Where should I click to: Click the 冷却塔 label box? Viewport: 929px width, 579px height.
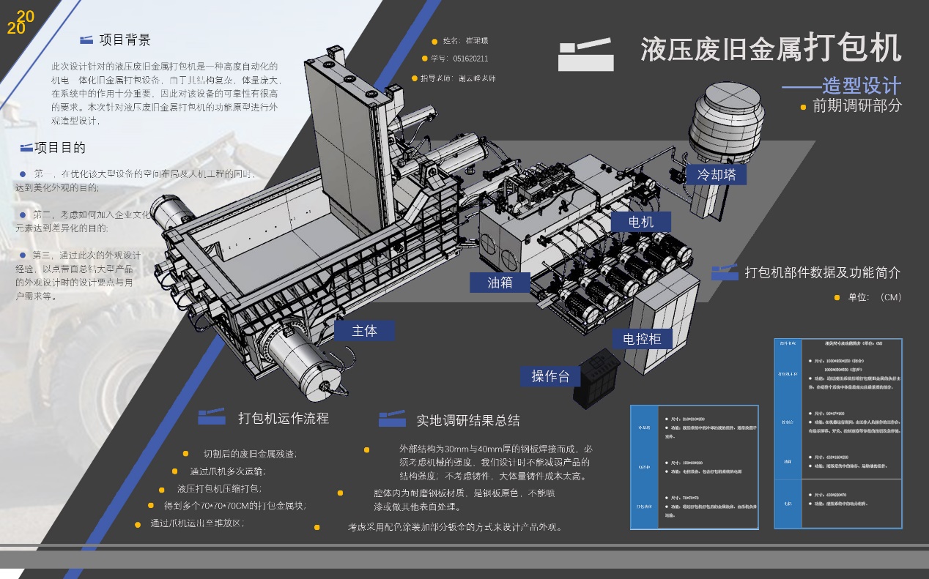(716, 174)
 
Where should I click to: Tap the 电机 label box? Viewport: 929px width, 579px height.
(640, 221)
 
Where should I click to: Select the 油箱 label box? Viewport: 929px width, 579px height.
(500, 282)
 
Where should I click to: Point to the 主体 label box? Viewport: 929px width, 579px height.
(364, 331)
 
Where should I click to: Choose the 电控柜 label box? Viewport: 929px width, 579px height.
(642, 338)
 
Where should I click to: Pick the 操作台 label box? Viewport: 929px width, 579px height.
(550, 376)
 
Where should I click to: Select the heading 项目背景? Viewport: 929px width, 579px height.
(125, 40)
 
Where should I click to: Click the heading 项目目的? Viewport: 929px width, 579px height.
(60, 148)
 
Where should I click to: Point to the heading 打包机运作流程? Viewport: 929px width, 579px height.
(284, 419)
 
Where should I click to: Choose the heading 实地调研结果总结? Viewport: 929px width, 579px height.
(468, 420)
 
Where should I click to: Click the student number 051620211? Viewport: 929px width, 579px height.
(470, 59)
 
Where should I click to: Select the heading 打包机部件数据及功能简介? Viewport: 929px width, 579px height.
(822, 273)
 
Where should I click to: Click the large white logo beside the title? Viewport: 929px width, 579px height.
(585, 53)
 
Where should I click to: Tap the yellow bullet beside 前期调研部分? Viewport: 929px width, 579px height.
(803, 107)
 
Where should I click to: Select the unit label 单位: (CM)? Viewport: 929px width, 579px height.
(874, 297)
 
